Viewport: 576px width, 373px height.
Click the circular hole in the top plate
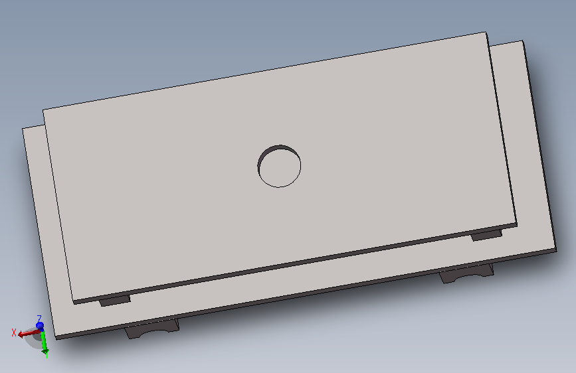[279, 166]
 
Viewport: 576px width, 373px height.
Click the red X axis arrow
[29, 333]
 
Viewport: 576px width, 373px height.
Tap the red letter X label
[14, 333]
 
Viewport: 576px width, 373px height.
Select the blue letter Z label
[39, 319]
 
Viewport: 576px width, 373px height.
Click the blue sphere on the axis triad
[40, 326]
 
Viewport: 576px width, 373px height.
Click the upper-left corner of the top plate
[43, 110]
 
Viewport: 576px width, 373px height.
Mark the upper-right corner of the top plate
[486, 32]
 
